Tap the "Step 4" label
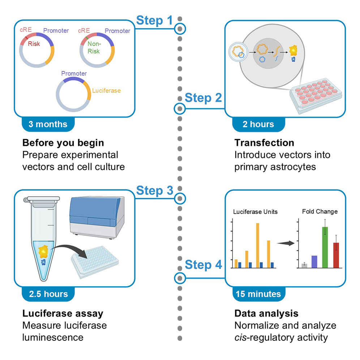tap(203, 265)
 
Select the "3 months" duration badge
tap(48, 124)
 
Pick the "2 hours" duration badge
tap(258, 124)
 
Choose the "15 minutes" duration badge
tap(258, 293)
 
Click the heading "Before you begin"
tap(63, 143)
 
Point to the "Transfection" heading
tap(264, 143)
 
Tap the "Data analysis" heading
tap(266, 313)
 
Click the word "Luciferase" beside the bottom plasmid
tap(106, 91)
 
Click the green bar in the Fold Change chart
tap(325, 247)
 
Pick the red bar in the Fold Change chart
tap(336, 255)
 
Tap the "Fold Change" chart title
tap(320, 211)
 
